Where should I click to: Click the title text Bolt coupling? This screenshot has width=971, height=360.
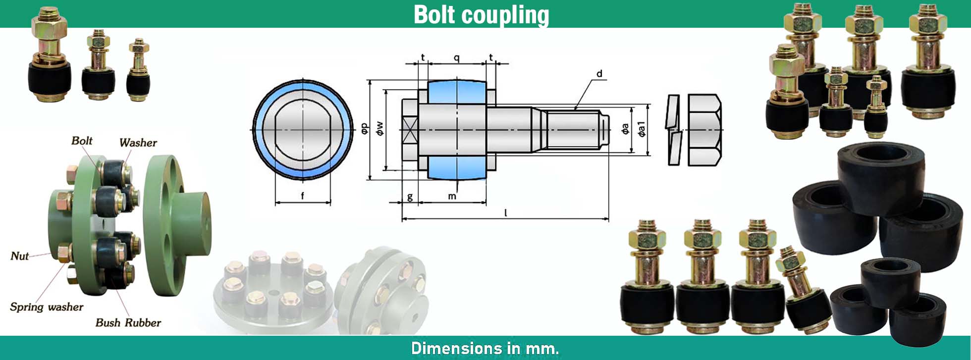(x=481, y=15)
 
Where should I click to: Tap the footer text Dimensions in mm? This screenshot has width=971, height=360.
(x=485, y=348)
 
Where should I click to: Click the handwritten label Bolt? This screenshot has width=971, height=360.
(x=82, y=141)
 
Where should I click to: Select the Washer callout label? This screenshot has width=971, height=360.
(x=138, y=143)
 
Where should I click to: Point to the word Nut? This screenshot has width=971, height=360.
(x=20, y=256)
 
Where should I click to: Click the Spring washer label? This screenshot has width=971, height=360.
(x=47, y=307)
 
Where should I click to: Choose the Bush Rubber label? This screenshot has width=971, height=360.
(x=128, y=323)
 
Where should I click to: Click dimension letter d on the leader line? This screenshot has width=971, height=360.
(x=599, y=74)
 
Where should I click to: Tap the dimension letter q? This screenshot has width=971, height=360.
(x=456, y=58)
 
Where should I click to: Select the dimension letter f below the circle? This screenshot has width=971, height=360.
(x=302, y=196)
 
